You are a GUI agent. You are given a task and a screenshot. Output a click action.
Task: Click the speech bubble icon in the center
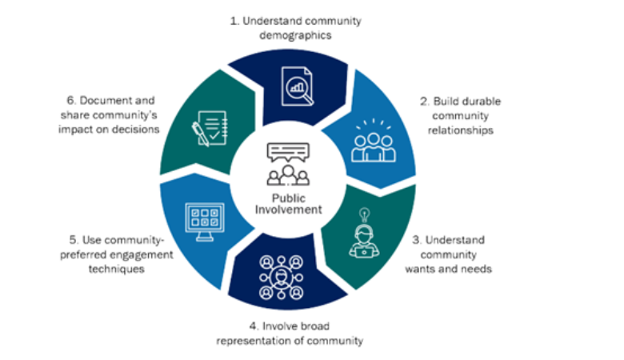(x=287, y=152)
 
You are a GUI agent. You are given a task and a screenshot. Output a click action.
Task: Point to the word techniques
(x=117, y=270)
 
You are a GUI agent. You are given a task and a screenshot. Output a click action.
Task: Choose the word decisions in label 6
(x=138, y=129)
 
